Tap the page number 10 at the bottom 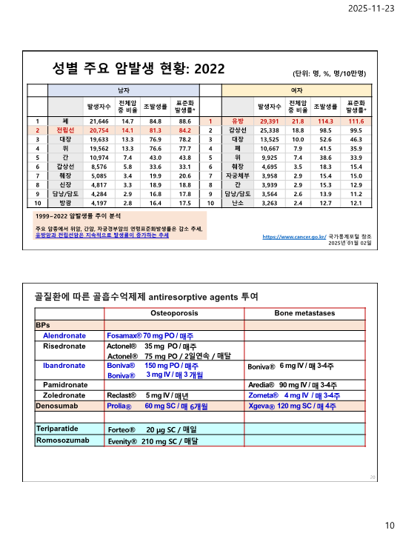coord(389,525)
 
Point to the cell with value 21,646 coord(99,120)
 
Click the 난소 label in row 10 coord(238,202)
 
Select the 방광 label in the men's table coord(65,202)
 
